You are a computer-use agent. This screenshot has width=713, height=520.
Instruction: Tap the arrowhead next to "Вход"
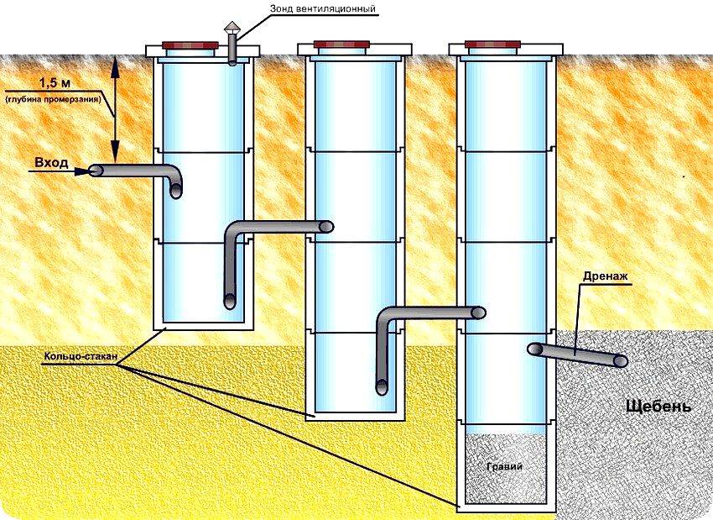(81, 171)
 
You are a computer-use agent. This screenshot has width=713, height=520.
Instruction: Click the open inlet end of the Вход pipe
(95, 171)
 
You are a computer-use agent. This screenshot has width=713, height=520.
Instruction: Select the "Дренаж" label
(601, 276)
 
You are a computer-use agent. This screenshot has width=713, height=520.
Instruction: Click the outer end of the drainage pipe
(621, 360)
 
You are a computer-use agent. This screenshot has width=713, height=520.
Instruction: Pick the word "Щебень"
(658, 407)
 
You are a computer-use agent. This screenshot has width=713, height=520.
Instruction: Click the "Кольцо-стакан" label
(76, 357)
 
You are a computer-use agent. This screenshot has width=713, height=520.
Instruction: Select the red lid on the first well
(190, 45)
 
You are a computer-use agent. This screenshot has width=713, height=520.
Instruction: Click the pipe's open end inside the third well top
(479, 313)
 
